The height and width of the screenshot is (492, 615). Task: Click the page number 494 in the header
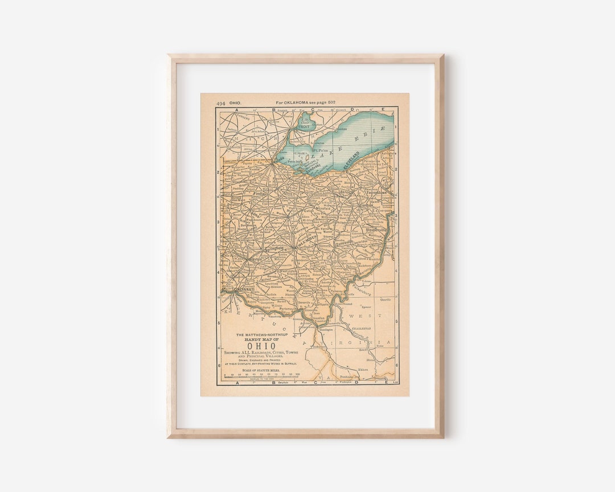[220, 103]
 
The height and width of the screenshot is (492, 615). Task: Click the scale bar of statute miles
[261, 377]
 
